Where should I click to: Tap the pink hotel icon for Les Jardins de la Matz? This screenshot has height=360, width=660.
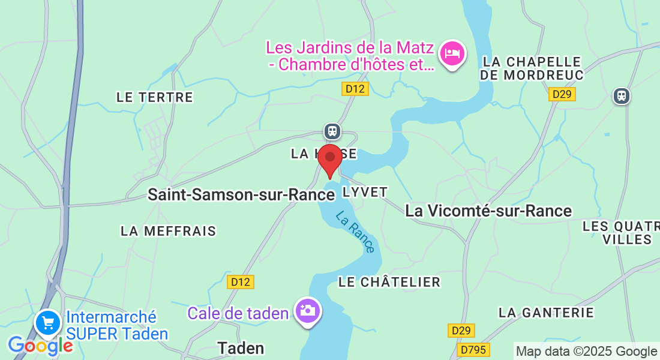click(452, 53)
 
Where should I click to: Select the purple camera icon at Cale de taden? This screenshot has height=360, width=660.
click(308, 310)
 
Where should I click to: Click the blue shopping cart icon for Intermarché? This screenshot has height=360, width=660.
click(48, 323)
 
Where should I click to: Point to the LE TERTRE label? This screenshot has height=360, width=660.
click(155, 97)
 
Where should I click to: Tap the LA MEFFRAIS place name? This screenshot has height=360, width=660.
click(168, 231)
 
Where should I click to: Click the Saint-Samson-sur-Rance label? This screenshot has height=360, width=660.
click(241, 195)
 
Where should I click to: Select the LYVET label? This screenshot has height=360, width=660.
click(365, 191)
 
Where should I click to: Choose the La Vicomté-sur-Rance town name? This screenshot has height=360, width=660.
click(488, 211)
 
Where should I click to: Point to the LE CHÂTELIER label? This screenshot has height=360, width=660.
click(389, 282)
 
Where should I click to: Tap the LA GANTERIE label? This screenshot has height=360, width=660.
click(546, 313)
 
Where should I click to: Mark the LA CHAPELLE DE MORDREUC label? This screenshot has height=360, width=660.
click(532, 68)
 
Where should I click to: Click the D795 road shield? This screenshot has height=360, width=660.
click(473, 349)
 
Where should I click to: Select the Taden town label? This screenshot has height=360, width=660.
click(241, 348)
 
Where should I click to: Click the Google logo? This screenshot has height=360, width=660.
click(40, 346)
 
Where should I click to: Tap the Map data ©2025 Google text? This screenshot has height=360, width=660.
click(586, 352)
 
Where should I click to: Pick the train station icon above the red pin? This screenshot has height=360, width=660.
click(332, 131)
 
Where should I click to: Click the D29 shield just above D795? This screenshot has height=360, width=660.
click(461, 331)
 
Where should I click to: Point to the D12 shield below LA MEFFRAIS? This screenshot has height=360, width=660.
click(241, 282)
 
